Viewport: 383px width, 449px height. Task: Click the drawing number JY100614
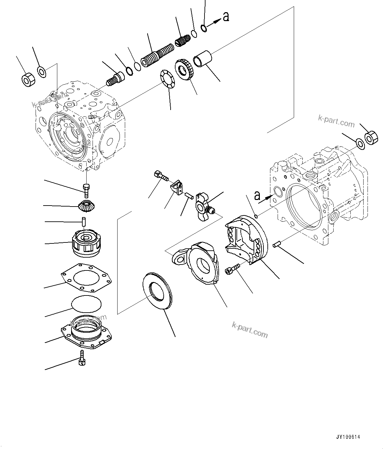(x=348, y=437)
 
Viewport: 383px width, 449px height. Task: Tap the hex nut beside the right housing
(x=371, y=137)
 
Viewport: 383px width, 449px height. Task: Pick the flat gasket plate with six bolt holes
(x=86, y=277)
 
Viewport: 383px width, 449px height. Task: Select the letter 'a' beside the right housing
(x=257, y=196)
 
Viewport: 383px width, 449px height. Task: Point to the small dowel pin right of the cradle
(x=277, y=244)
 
